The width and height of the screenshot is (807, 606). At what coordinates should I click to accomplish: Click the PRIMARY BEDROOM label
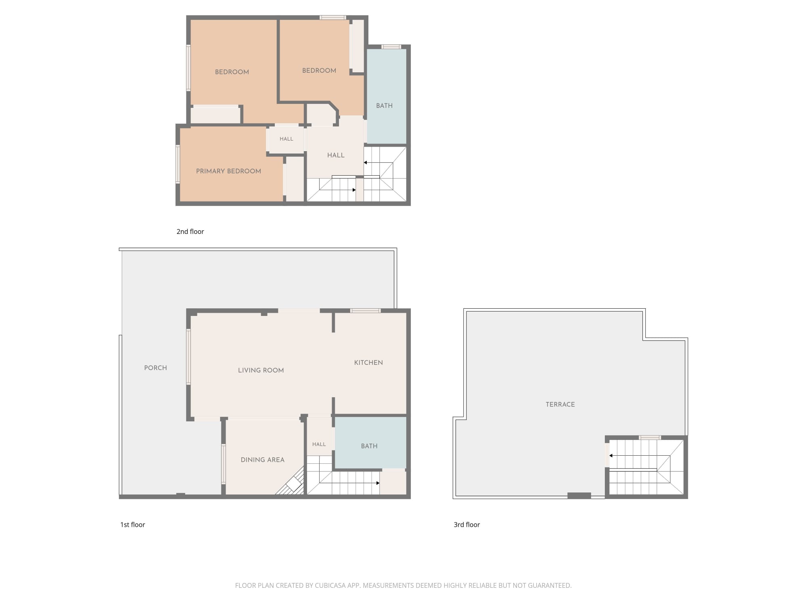coord(228,171)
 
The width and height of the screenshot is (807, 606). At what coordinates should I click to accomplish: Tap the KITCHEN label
coord(368,363)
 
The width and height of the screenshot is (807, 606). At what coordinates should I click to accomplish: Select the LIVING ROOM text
coord(261,370)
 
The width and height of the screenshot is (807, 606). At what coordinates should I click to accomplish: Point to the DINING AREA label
coord(262,460)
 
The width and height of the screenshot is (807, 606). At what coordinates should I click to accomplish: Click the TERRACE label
coord(560,404)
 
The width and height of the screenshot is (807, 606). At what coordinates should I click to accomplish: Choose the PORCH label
coord(155,368)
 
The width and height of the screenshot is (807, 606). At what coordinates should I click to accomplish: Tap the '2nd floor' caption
coord(190,231)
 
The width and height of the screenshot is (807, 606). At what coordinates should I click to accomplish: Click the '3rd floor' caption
coord(467,525)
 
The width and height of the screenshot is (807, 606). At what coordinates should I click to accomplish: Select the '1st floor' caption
coord(132,525)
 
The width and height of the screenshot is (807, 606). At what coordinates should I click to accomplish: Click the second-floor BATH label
coord(384,106)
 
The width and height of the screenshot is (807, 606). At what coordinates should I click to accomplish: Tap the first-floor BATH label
coord(369,446)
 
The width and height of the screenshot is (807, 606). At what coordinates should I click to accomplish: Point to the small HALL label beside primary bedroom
coord(286,139)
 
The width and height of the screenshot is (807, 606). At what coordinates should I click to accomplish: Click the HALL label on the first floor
coord(319,444)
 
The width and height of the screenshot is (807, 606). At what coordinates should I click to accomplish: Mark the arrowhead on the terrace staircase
coord(611,456)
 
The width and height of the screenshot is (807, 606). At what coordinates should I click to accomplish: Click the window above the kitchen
coord(365,311)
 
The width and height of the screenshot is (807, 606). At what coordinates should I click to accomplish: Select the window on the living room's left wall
coord(188,356)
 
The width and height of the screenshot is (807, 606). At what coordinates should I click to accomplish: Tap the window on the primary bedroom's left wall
coord(178,164)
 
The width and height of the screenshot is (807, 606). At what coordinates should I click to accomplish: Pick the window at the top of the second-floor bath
coord(391,47)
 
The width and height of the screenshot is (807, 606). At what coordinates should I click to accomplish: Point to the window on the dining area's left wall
coord(224,464)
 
